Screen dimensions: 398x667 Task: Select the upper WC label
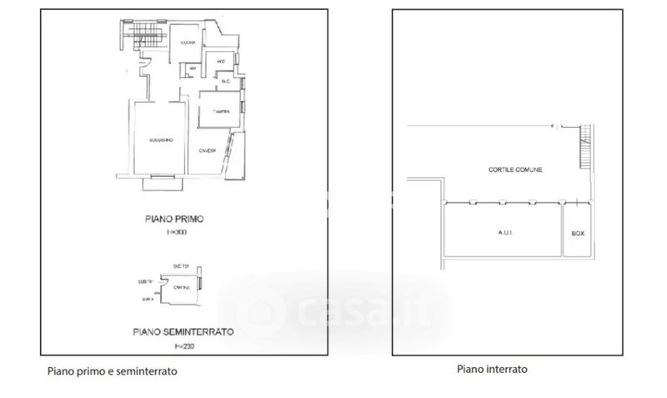220,62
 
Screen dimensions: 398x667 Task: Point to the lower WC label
224,81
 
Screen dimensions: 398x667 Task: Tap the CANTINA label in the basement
181,288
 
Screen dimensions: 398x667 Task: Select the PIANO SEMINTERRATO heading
183,330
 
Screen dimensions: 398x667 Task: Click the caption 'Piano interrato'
492,368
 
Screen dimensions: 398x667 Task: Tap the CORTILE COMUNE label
516,169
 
